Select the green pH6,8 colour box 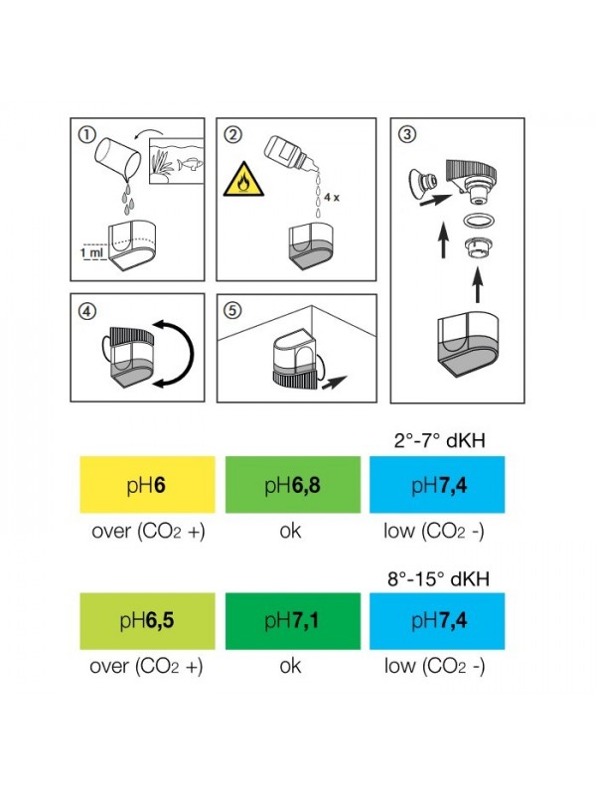[x=290, y=484]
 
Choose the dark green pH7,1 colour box [x=290, y=622]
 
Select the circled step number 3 [x=407, y=134]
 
